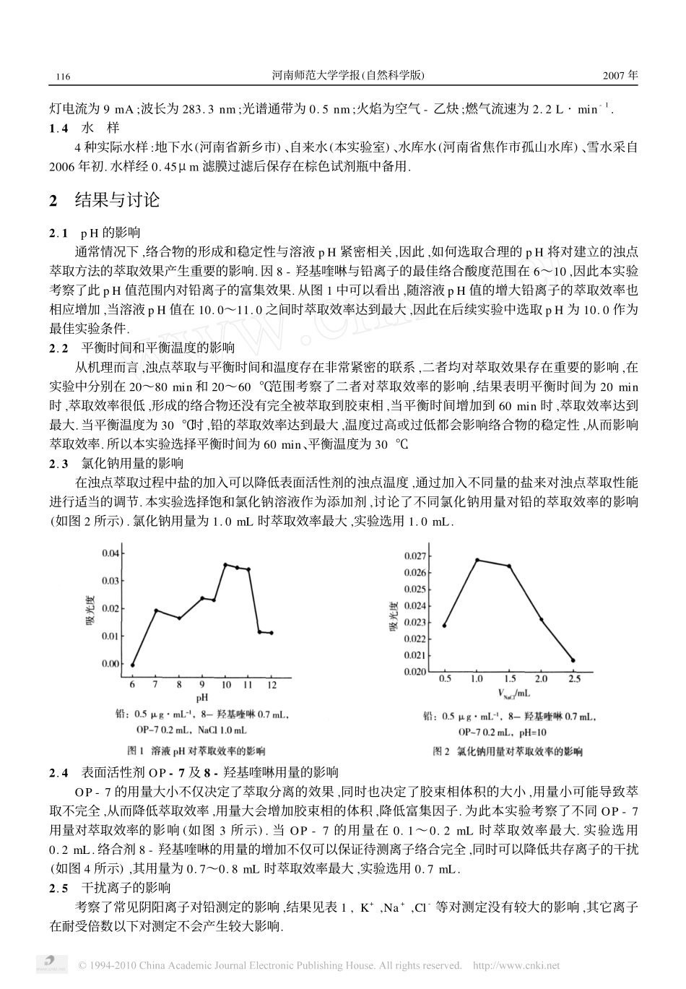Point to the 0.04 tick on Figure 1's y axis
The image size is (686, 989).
[110, 553]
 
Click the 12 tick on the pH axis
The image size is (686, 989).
[272, 683]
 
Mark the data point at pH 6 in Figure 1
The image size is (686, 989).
[132, 665]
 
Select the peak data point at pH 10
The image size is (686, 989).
[225, 565]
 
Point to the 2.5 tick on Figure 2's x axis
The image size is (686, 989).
[573, 678]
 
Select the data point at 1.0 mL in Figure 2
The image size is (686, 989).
[477, 560]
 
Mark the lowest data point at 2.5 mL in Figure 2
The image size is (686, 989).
[573, 660]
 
